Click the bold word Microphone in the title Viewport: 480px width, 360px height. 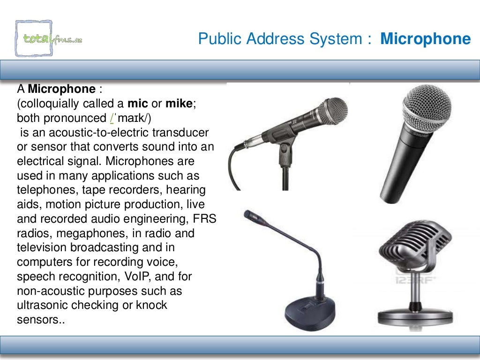pos(425,39)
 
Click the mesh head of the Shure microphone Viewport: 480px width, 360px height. pos(425,107)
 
